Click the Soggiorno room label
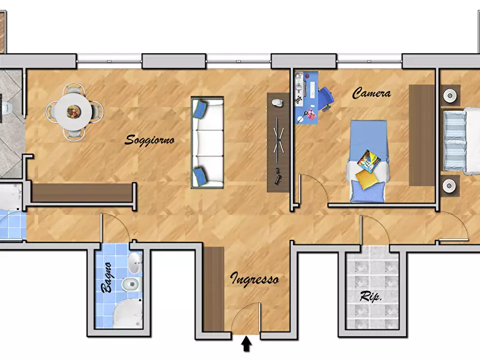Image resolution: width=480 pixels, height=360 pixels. [x=149, y=140]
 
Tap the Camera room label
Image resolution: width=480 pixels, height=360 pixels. [x=371, y=93]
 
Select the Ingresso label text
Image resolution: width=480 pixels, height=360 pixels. [x=254, y=279]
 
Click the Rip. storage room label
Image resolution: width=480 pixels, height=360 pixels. [x=370, y=296]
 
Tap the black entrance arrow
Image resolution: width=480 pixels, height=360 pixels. [x=246, y=344]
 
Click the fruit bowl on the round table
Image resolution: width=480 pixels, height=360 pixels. [x=74, y=112]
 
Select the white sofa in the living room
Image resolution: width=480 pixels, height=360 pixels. [x=207, y=142]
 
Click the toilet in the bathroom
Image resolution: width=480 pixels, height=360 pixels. [x=132, y=284]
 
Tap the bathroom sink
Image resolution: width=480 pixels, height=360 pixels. [x=135, y=263]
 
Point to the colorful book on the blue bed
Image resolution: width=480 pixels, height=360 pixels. [x=369, y=161]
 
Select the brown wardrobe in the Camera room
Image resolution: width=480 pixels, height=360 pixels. [x=422, y=135]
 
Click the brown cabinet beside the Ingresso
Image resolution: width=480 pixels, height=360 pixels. [x=214, y=289]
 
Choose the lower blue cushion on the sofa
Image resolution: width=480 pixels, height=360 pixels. [x=200, y=176]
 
